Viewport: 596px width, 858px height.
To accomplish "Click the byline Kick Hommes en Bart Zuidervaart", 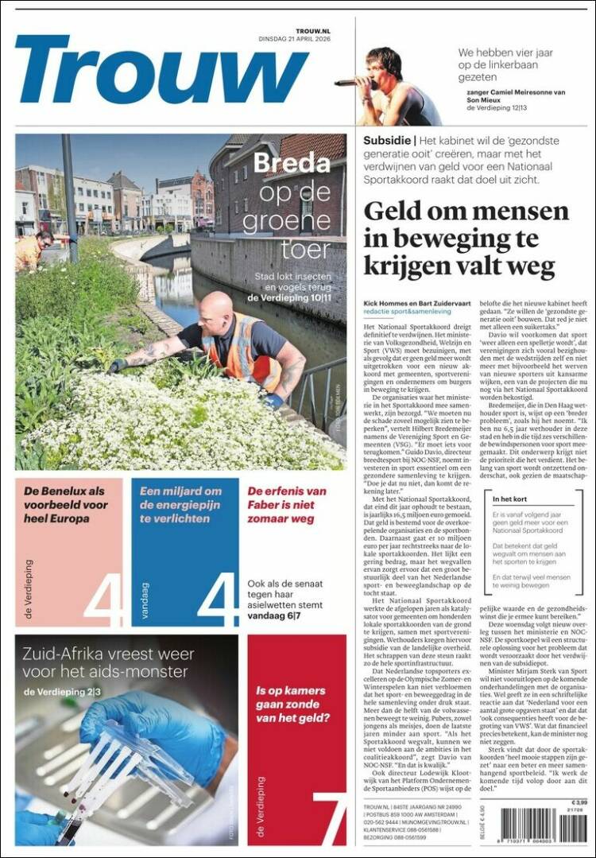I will tap(414, 305).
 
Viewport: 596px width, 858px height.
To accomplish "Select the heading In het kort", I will tap(513, 499).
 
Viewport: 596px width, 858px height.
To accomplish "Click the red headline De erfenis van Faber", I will tap(286, 505).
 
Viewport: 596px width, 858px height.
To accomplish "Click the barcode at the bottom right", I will tap(561, 829).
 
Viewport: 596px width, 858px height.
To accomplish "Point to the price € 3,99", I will tap(579, 802).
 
